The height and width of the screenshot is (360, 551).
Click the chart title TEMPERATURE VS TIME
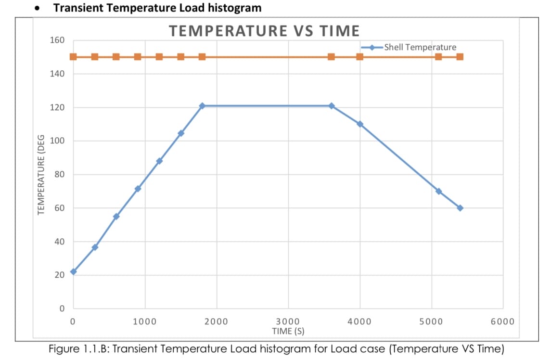point(264,31)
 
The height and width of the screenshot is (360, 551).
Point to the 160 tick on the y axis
point(58,40)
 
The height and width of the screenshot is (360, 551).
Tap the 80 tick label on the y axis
point(60,175)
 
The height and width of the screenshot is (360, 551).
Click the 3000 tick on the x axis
point(288,321)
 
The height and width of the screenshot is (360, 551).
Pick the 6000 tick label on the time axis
point(502,321)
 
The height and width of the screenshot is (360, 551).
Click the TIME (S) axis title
point(288,331)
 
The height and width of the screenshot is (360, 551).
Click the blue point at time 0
point(73,271)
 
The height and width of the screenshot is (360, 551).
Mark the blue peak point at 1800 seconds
point(202,106)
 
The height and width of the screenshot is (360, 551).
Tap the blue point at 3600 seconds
point(331,106)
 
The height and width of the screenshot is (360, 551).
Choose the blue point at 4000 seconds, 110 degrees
point(360,124)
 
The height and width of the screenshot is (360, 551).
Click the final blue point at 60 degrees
point(460,208)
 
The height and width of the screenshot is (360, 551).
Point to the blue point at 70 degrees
point(438,191)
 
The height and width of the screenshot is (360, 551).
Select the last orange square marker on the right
point(460,57)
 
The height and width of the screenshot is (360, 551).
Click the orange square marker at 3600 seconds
point(331,57)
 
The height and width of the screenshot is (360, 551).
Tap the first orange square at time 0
point(73,57)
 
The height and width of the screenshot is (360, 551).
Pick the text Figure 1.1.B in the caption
point(77,348)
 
